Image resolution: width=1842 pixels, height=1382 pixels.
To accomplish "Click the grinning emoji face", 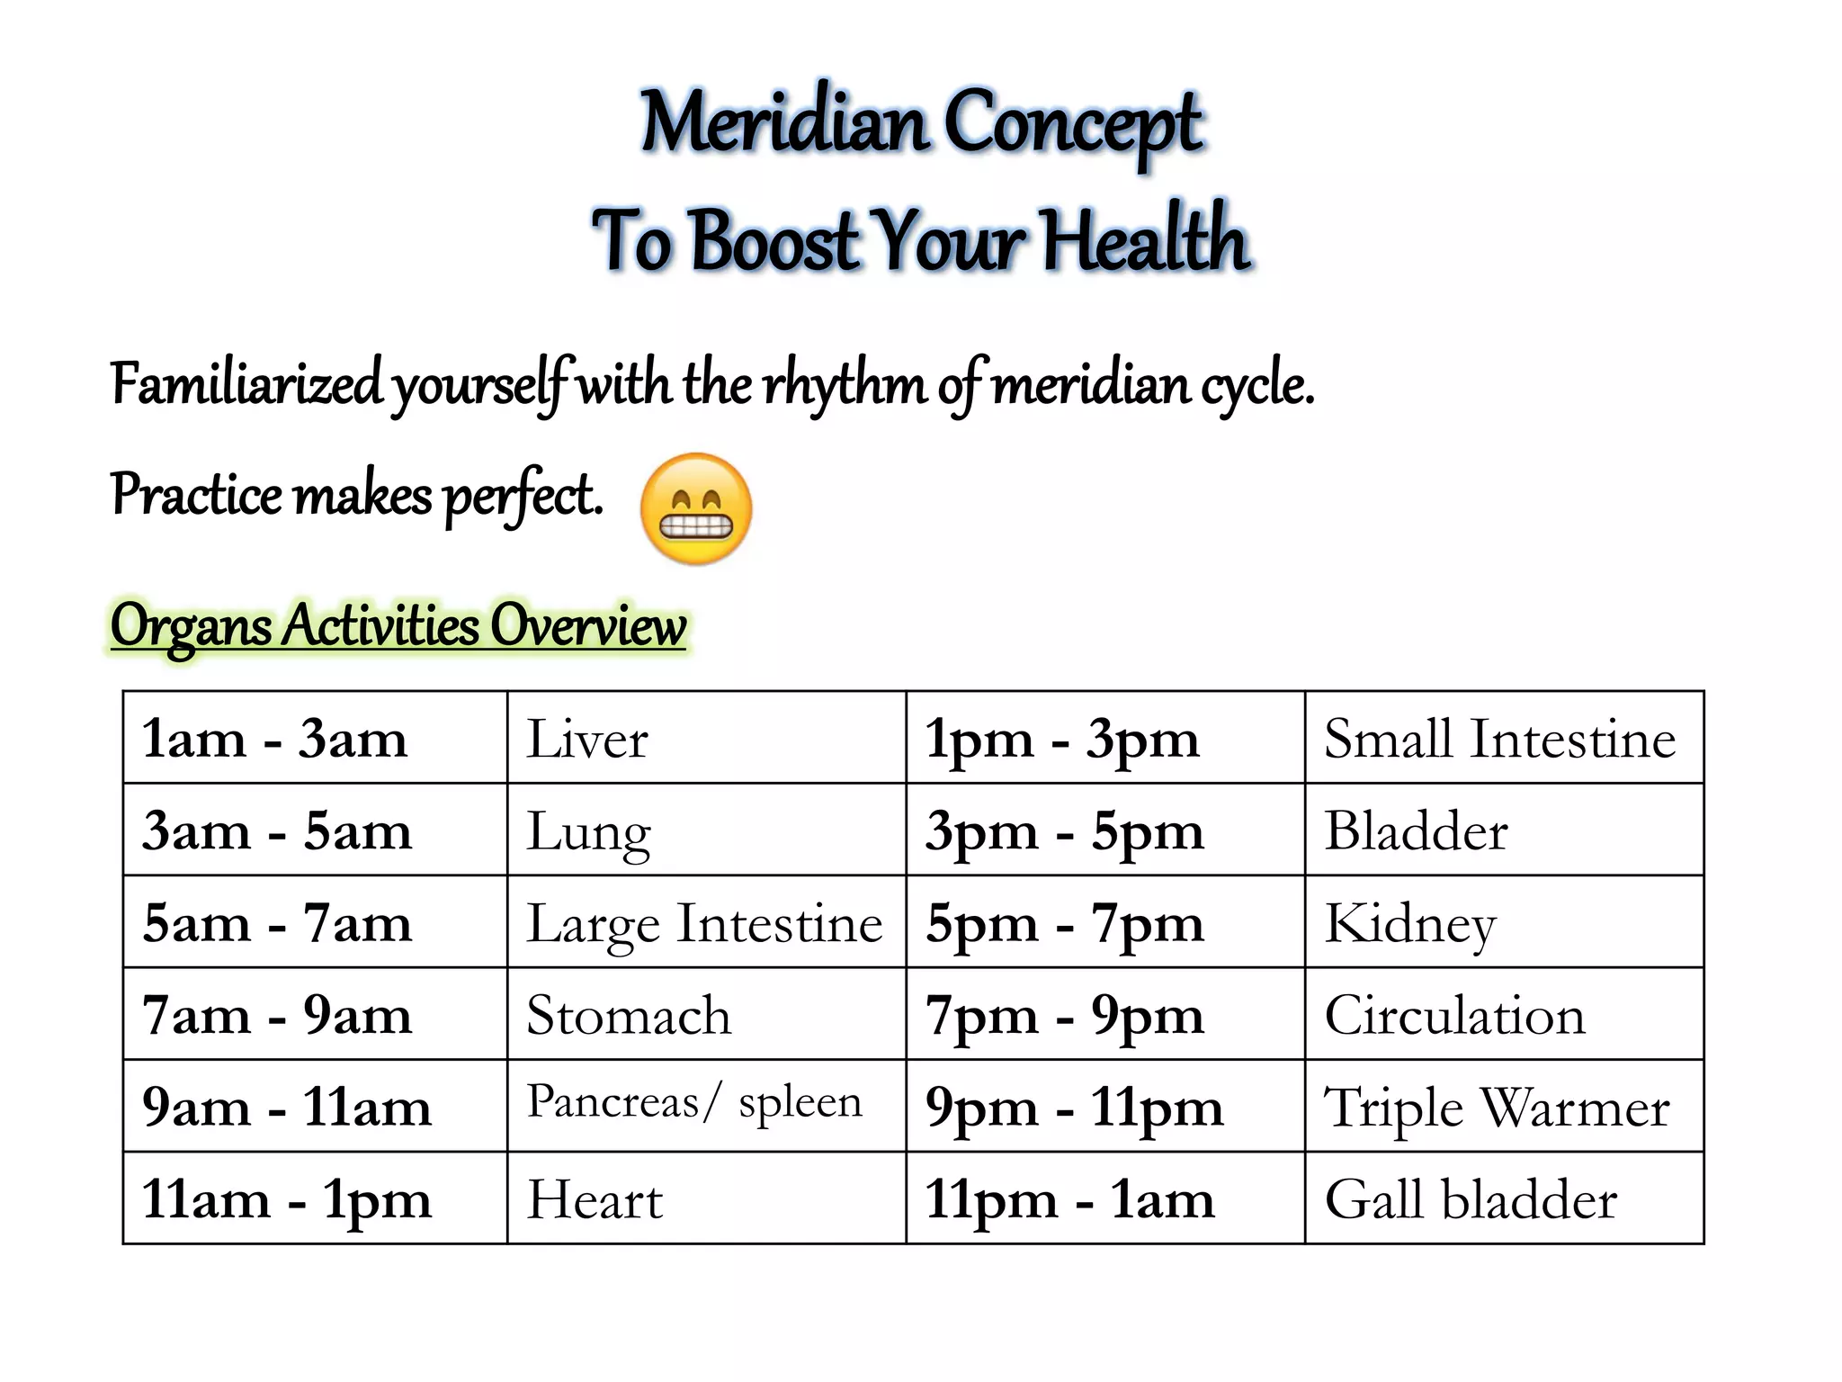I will coord(696,509).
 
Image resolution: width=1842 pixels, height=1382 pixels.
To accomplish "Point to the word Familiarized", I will coord(246,384).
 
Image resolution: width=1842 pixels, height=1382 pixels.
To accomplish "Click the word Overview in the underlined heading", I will coord(587,624).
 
